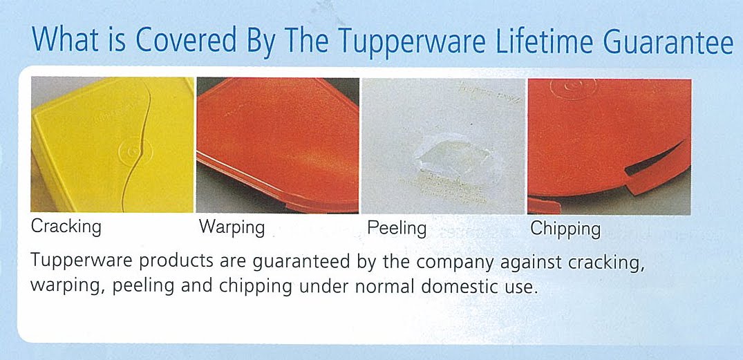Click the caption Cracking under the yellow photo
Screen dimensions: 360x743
coord(66,227)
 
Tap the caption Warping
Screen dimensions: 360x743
coord(232,227)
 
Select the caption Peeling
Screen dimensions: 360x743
coord(397,227)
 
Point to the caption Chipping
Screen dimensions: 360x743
coord(565,228)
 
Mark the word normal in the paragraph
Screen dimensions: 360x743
coord(382,285)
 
